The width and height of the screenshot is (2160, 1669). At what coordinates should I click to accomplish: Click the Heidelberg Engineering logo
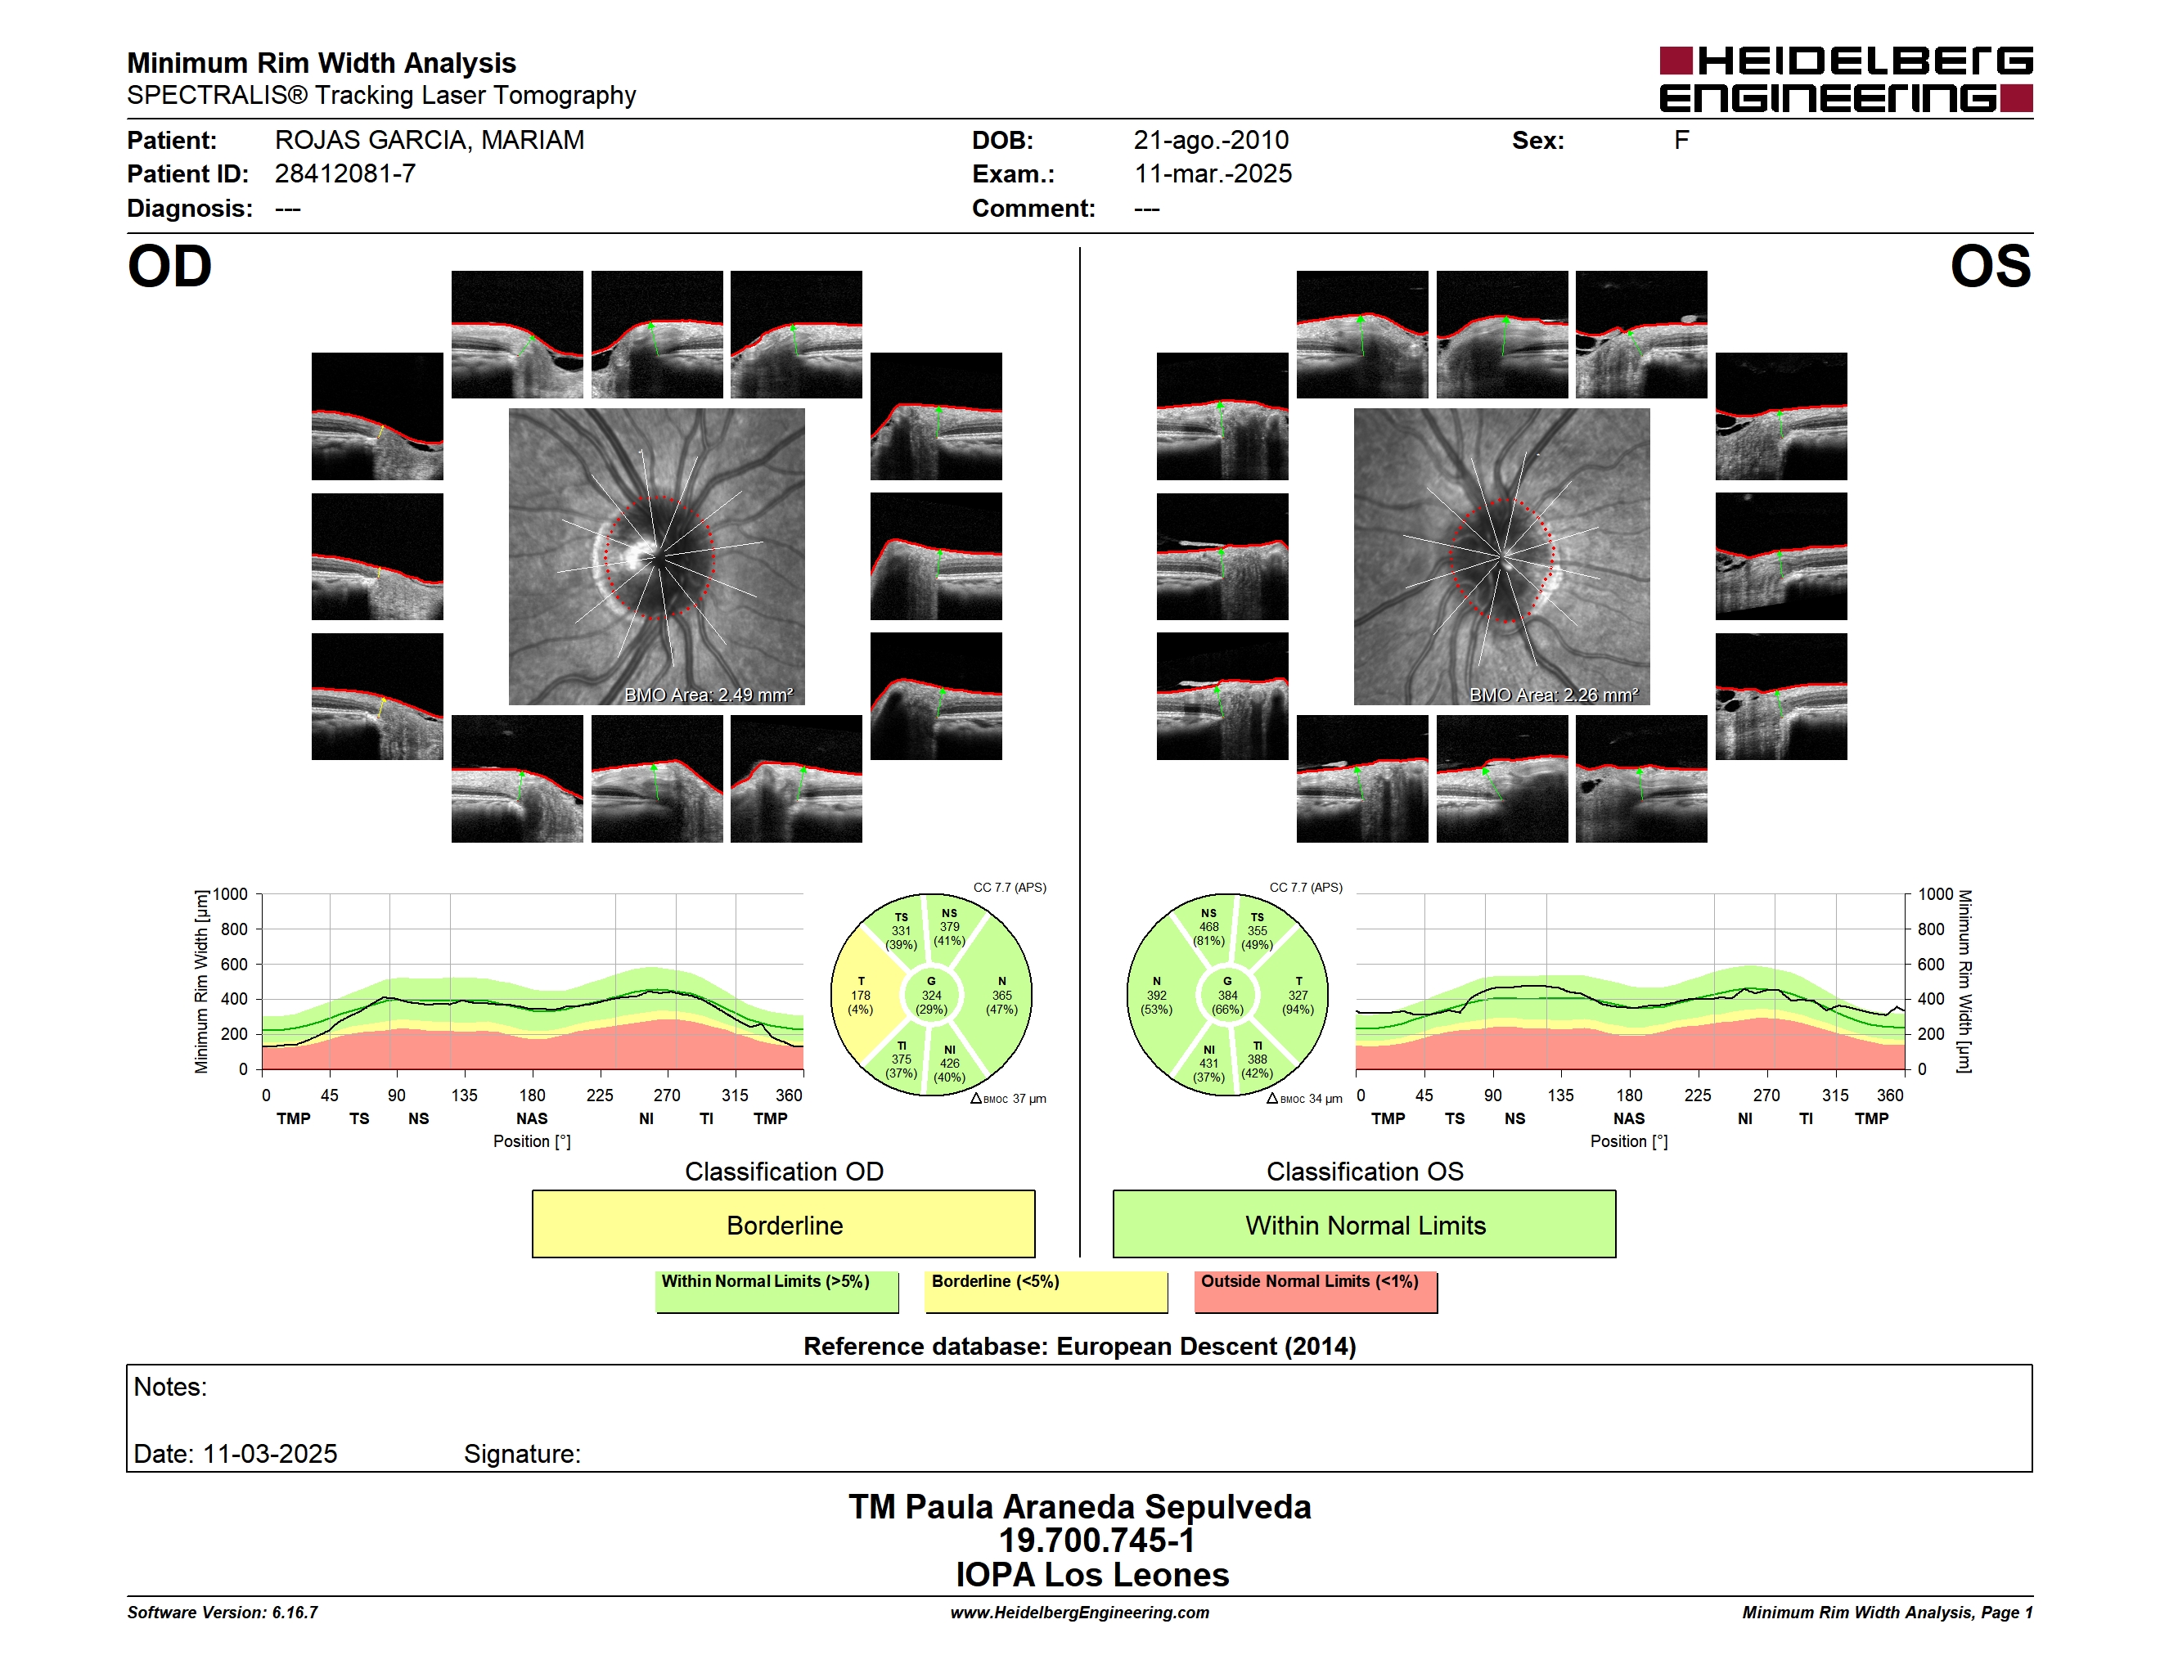(x=1846, y=79)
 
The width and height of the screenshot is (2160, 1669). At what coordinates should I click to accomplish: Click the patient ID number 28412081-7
(x=345, y=174)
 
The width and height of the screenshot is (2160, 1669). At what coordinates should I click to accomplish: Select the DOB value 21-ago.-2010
(x=1211, y=141)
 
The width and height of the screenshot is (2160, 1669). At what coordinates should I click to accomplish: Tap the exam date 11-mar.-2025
(x=1213, y=174)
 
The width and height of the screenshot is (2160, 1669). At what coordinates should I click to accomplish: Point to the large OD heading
(x=169, y=267)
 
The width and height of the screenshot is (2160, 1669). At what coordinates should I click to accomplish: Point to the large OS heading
(x=1990, y=267)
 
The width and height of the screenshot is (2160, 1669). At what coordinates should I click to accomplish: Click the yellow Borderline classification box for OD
(x=783, y=1224)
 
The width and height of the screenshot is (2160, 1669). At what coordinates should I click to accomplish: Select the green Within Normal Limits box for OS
(x=1364, y=1224)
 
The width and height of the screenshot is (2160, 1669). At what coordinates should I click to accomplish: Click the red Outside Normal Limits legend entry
(x=1316, y=1291)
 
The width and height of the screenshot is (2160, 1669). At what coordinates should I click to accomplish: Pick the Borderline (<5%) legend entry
(x=1046, y=1291)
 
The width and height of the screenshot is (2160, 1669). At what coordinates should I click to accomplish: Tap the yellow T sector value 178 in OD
(x=862, y=996)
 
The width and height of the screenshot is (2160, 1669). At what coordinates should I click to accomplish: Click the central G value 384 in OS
(x=1227, y=996)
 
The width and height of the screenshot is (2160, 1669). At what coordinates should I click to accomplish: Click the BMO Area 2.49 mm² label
(x=708, y=695)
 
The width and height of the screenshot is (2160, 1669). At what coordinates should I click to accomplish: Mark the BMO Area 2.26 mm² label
(x=1554, y=695)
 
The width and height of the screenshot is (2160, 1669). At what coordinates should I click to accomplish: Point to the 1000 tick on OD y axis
(x=229, y=895)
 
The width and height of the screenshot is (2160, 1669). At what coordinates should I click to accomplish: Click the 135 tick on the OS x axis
(x=1560, y=1095)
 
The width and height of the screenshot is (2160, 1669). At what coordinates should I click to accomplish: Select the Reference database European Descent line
(x=1079, y=1347)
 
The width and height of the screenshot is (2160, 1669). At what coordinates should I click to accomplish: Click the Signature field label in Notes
(x=522, y=1454)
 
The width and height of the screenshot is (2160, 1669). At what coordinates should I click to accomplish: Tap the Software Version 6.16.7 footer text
(x=223, y=1613)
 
